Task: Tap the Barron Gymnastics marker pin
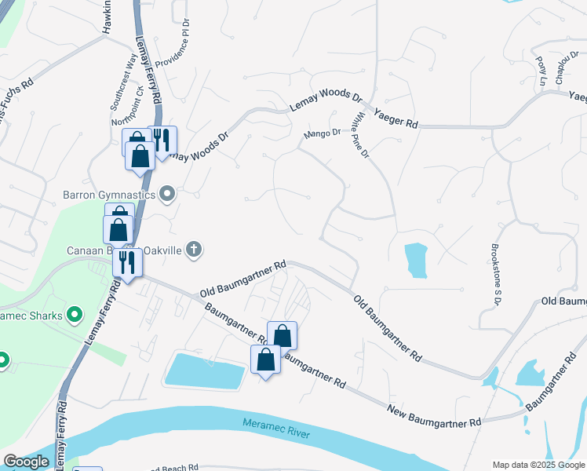coord(167,193)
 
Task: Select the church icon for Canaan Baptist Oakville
coord(195,250)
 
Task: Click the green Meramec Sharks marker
coord(75,316)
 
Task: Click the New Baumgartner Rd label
coord(434,415)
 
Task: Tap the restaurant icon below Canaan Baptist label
coord(126,262)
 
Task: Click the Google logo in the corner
coord(26,462)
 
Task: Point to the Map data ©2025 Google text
coord(538,465)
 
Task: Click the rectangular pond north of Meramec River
coord(205,371)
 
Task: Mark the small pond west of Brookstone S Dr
coord(416,261)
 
